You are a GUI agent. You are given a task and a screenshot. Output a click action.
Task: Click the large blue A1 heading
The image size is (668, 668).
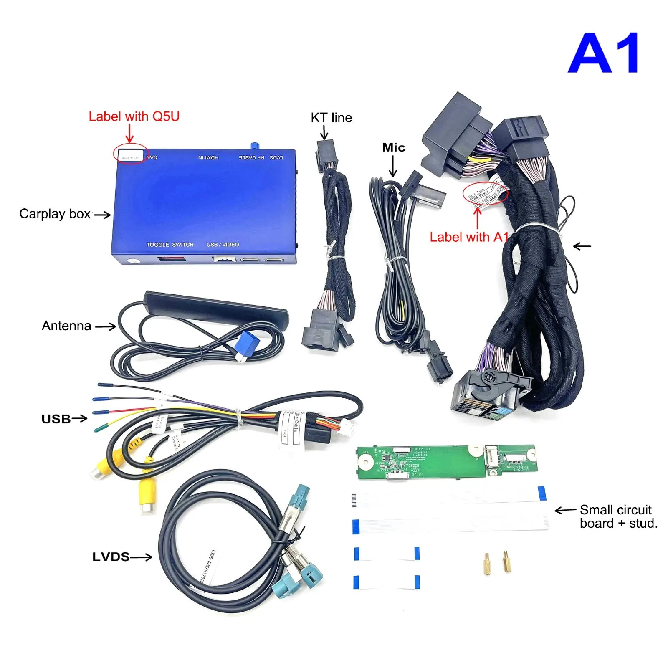pyautogui.click(x=603, y=53)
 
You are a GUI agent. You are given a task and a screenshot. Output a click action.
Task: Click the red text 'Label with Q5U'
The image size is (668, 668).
pyautogui.click(x=134, y=116)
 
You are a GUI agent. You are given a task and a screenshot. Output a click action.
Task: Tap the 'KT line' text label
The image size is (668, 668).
pyautogui.click(x=331, y=118)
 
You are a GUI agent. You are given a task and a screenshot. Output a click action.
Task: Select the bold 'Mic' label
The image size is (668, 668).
pyautogui.click(x=393, y=147)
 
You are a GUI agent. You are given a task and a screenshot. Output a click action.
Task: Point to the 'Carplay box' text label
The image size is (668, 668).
pyautogui.click(x=55, y=214)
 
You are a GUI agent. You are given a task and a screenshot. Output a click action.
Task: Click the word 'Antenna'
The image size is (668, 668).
pyautogui.click(x=66, y=326)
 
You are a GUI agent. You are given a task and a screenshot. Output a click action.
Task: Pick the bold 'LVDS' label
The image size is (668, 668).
pyautogui.click(x=111, y=557)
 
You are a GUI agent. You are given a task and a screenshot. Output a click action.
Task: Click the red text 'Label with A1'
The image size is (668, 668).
pyautogui.click(x=469, y=237)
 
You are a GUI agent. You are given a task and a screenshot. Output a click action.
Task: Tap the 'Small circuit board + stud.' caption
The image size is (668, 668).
pyautogui.click(x=618, y=516)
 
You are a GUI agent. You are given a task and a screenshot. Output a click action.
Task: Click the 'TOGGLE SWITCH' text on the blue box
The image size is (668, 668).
pyautogui.click(x=170, y=245)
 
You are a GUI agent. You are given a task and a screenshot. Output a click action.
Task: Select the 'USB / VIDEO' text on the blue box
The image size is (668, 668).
pyautogui.click(x=223, y=245)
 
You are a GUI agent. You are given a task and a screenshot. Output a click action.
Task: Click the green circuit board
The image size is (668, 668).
pyautogui.click(x=447, y=461)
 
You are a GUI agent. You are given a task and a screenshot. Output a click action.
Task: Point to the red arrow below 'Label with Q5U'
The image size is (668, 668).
pyautogui.click(x=129, y=134)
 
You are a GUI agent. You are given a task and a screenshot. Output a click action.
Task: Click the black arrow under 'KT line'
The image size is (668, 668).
pyautogui.click(x=324, y=132)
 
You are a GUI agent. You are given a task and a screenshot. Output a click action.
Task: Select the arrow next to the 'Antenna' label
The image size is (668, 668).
pyautogui.click(x=105, y=326)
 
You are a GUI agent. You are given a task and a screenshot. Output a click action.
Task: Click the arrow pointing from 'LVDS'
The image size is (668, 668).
pyautogui.click(x=141, y=557)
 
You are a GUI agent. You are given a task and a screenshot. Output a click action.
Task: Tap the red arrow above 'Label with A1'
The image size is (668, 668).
pyautogui.click(x=477, y=217)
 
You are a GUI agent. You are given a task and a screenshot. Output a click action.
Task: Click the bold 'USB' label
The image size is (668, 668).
pyautogui.click(x=56, y=419)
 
